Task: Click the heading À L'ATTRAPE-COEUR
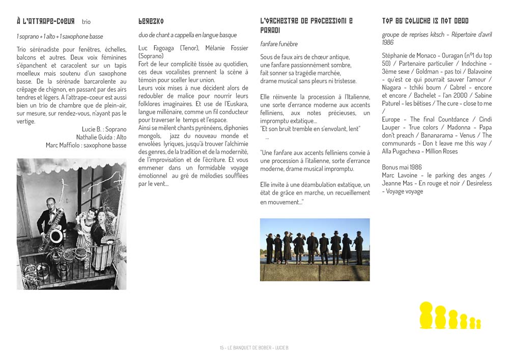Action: tap(45, 21)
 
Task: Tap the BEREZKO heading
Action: tap(151, 21)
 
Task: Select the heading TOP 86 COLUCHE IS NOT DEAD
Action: tap(426, 21)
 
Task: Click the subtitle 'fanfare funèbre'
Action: tap(279, 44)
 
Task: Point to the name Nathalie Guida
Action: tap(95, 137)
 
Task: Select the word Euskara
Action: tap(230, 104)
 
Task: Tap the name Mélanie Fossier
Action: tap(227, 48)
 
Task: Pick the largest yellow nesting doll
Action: tap(427, 315)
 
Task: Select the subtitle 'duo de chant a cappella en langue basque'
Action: tap(187, 35)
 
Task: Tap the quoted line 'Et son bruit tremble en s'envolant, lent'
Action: tap(310, 129)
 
